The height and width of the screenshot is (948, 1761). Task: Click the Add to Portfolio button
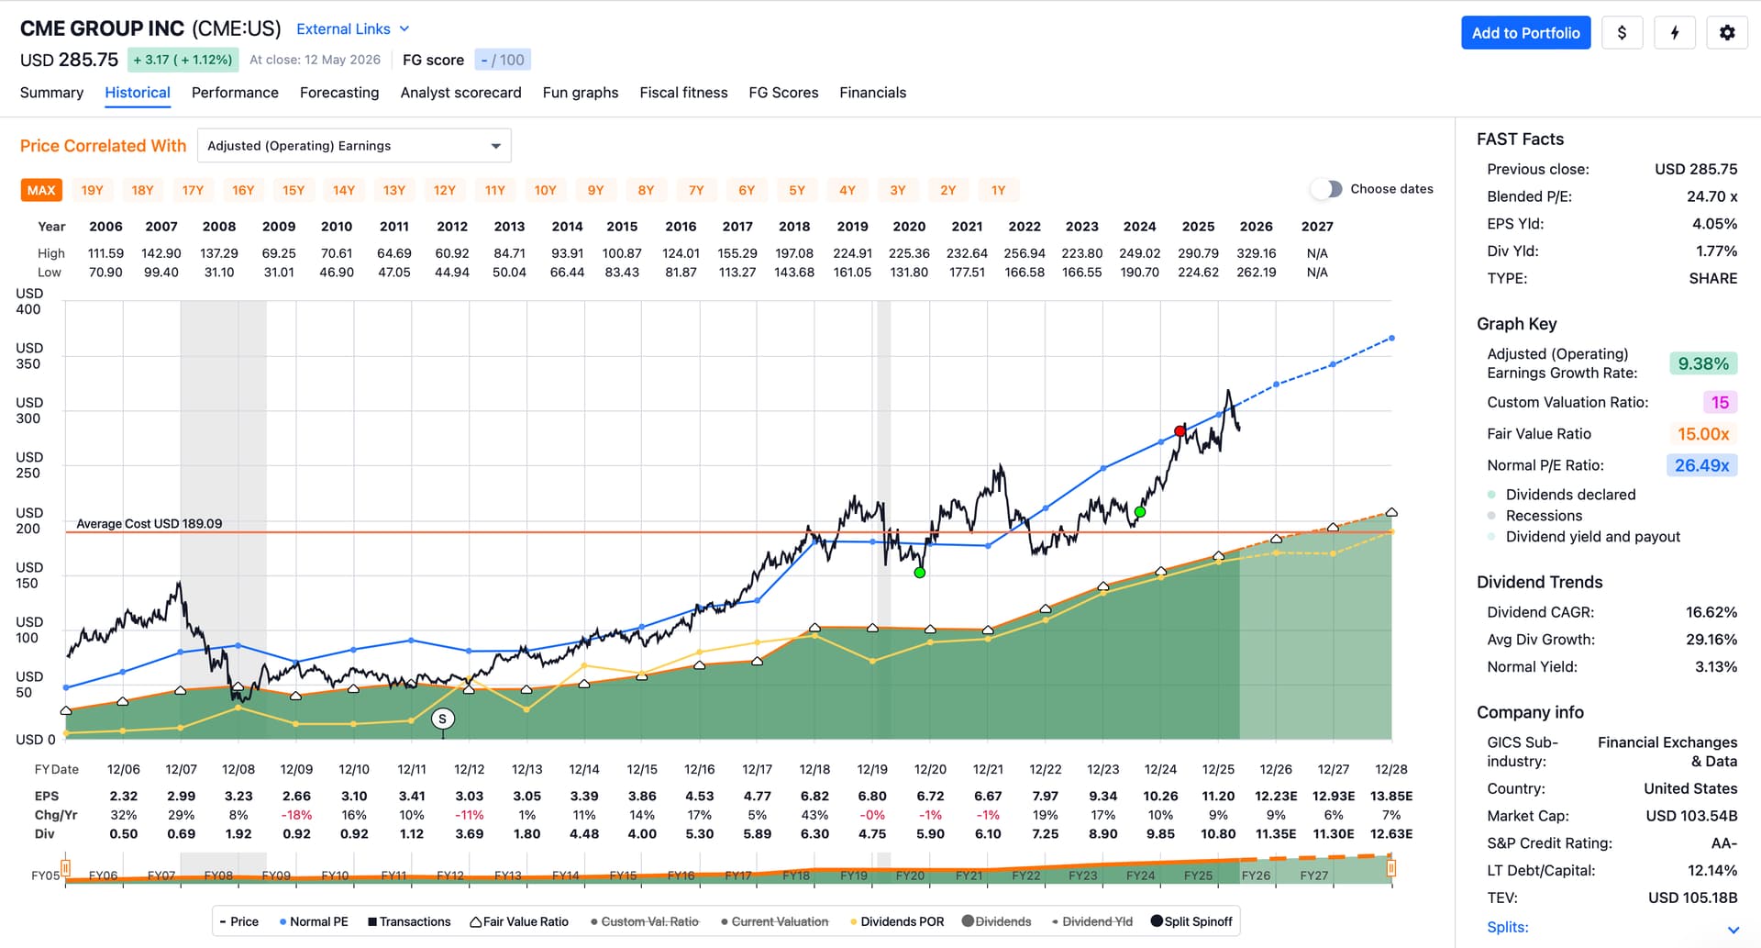click(1525, 33)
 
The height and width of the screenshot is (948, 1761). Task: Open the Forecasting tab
click(339, 93)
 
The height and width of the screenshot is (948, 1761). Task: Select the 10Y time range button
click(545, 190)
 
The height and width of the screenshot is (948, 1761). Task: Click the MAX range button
click(41, 190)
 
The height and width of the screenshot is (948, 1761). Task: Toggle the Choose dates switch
click(1326, 189)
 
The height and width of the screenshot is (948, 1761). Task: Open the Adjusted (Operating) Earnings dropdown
click(354, 146)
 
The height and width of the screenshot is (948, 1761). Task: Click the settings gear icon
click(1727, 33)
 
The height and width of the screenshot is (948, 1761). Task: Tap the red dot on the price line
click(1180, 431)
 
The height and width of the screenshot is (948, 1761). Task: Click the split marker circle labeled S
click(443, 719)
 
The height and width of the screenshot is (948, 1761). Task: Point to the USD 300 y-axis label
click(28, 410)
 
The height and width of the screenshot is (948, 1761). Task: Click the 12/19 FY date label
click(872, 769)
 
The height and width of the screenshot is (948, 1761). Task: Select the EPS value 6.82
click(814, 796)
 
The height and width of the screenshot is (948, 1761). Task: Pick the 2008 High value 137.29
click(219, 253)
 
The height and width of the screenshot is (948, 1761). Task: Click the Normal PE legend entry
click(314, 921)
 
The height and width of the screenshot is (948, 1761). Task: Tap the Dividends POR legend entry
click(897, 921)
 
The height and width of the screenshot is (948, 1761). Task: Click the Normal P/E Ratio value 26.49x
click(1701, 465)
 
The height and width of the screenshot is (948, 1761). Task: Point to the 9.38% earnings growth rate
click(1703, 363)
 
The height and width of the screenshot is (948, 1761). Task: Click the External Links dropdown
click(353, 29)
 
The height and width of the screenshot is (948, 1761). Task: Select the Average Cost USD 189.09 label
click(150, 524)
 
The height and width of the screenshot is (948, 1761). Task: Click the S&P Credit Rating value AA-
click(1723, 843)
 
